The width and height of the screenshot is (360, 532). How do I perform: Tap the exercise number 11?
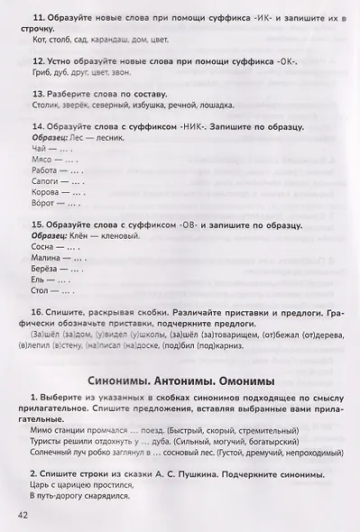(35, 18)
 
